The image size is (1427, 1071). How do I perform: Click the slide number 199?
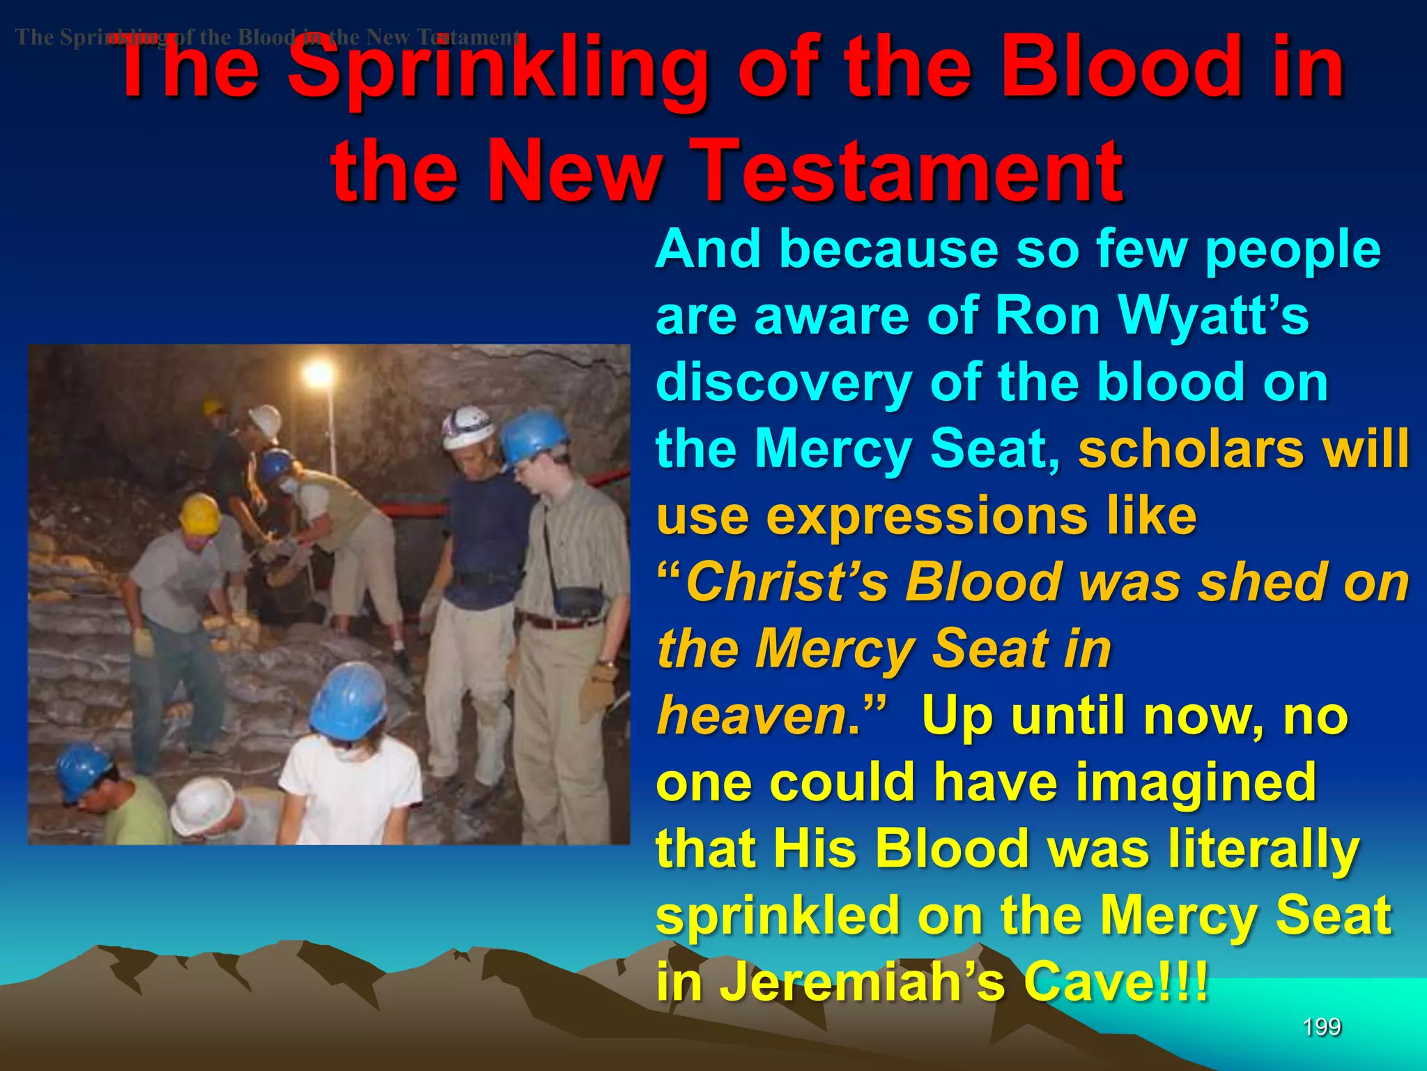(1321, 1026)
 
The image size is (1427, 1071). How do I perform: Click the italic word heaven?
(752, 716)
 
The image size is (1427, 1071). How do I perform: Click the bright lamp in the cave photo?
(318, 374)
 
